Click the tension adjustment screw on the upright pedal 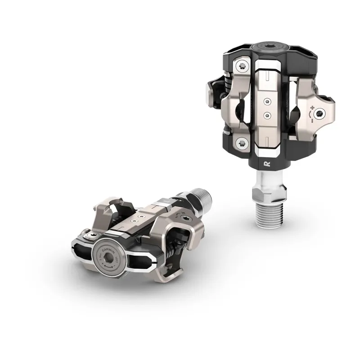[x=322, y=113]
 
